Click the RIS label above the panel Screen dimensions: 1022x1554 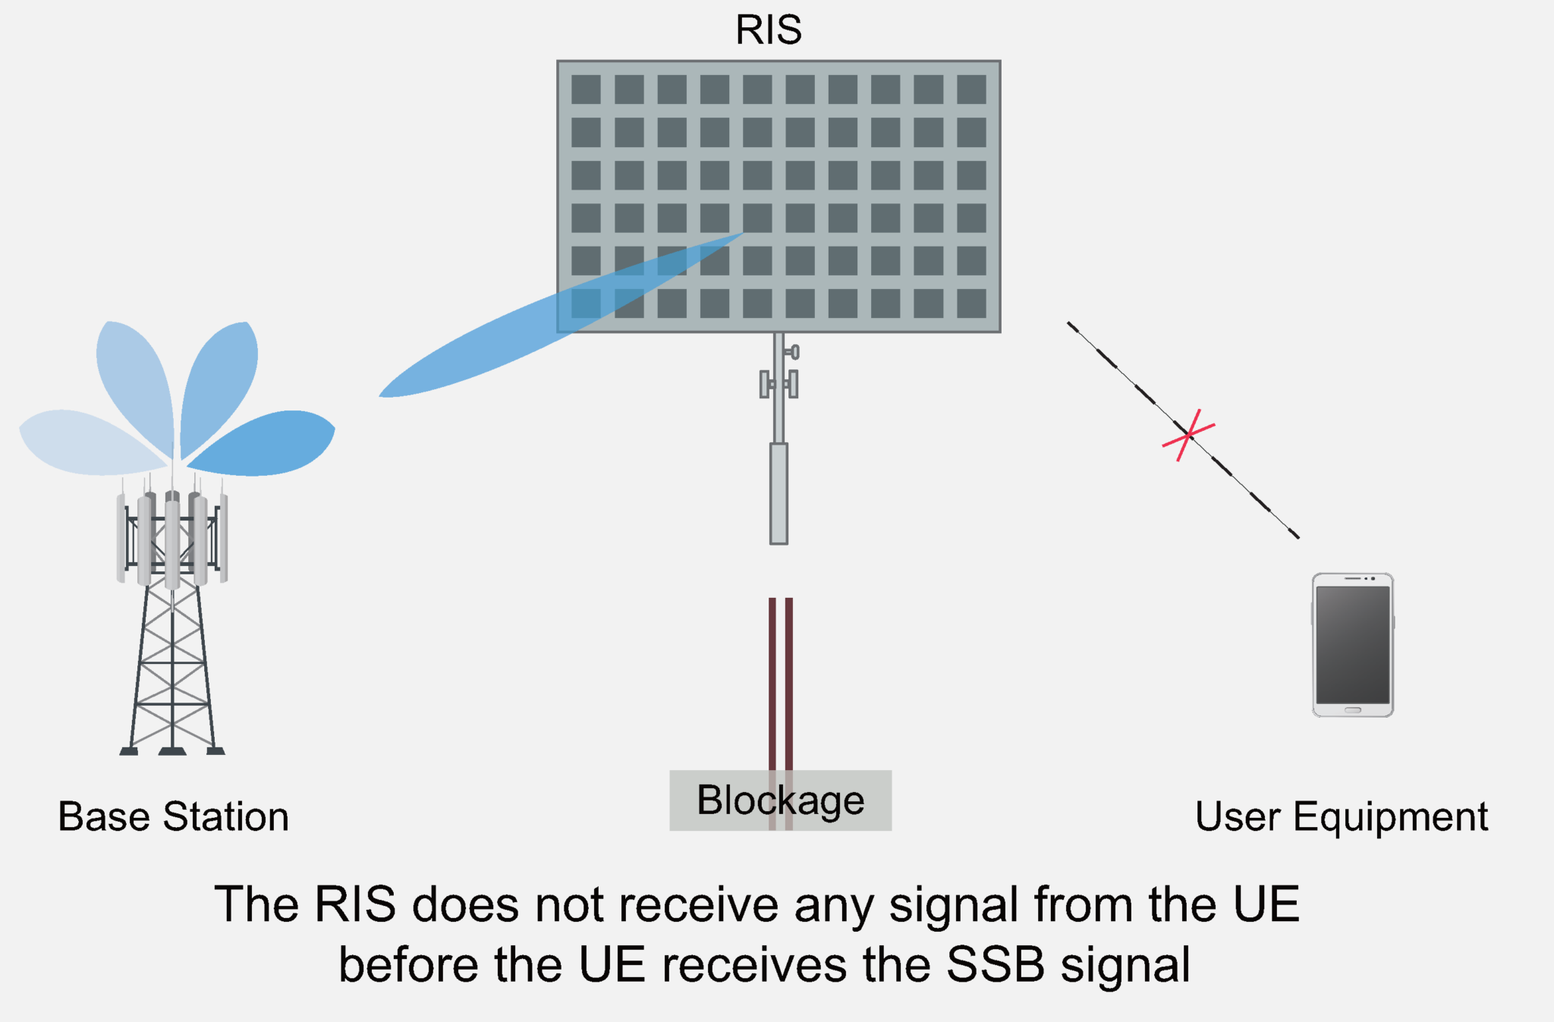click(x=768, y=30)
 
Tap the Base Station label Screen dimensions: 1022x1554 click(x=173, y=817)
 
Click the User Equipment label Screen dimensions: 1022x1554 click(x=1341, y=817)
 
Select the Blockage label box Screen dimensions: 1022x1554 click(x=780, y=800)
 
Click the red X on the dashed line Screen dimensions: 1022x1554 click(x=1188, y=436)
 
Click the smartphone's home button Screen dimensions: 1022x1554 click(x=1352, y=710)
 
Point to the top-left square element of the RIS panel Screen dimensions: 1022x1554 click(x=586, y=90)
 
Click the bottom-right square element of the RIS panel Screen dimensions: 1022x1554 click(x=971, y=303)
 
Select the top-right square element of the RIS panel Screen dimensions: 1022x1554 click(x=971, y=90)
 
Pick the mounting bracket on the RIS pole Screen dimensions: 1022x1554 click(x=779, y=383)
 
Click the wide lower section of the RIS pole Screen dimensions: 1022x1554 click(x=779, y=493)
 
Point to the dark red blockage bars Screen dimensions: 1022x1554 click(x=780, y=683)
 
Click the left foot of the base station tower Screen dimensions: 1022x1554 click(x=129, y=750)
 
